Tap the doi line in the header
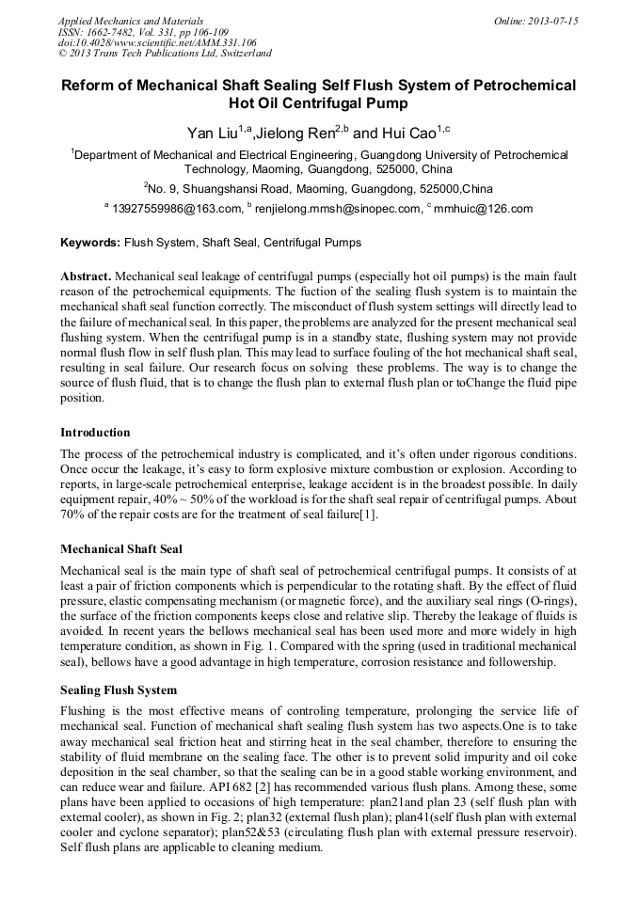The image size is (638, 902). (x=156, y=43)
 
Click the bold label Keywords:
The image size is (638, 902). (x=90, y=243)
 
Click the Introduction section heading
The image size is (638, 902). (x=95, y=433)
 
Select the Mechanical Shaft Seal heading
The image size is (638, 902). (x=120, y=548)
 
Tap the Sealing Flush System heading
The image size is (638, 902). (x=118, y=689)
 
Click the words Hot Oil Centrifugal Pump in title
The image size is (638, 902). (x=319, y=103)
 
